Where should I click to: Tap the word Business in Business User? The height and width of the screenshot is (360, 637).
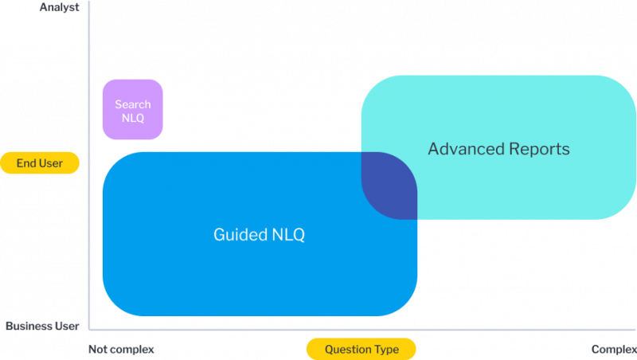[x=30, y=327]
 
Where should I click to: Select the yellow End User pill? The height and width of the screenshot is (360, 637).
[x=40, y=163]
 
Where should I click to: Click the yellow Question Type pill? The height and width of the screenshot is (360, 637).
[x=361, y=349]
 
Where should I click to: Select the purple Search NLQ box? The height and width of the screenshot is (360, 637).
[x=132, y=110]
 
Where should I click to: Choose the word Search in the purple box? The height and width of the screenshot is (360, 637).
[x=132, y=104]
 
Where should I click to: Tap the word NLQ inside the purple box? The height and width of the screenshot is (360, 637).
[x=132, y=118]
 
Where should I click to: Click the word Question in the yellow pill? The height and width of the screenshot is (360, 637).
[x=349, y=349]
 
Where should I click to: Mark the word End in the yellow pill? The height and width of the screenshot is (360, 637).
[x=26, y=163]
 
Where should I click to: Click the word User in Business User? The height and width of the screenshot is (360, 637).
[x=67, y=327]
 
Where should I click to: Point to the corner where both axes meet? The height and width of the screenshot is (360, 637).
[x=90, y=328]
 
